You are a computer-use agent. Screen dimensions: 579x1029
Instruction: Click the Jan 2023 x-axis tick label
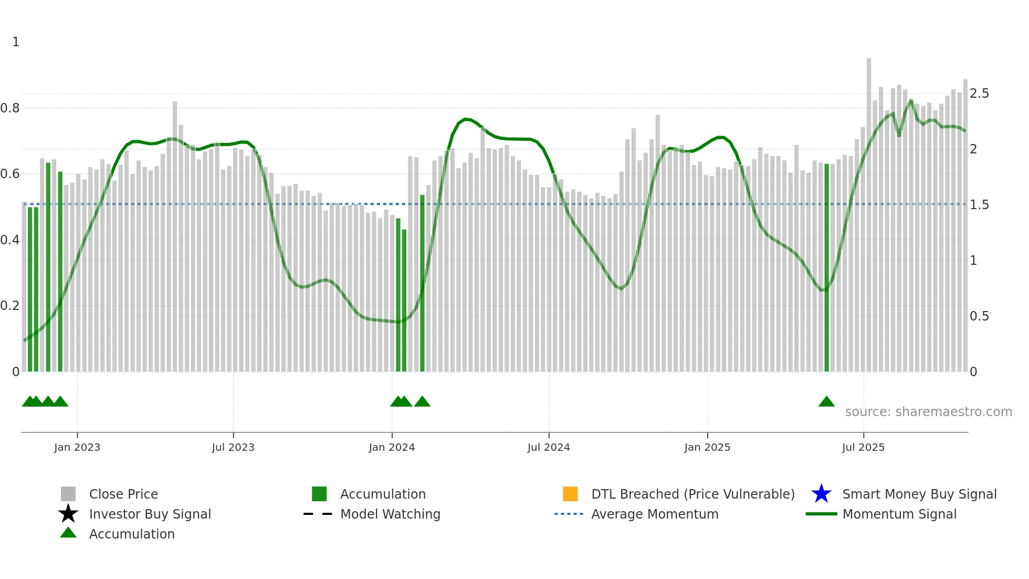point(77,448)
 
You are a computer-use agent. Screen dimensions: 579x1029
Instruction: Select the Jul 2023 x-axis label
point(233,448)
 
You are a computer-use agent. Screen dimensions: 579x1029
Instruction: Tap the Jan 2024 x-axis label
point(392,448)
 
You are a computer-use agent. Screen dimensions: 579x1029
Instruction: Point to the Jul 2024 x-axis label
point(549,448)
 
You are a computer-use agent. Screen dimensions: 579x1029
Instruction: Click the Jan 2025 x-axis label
point(707,448)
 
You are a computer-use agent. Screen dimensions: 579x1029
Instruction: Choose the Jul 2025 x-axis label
point(863,448)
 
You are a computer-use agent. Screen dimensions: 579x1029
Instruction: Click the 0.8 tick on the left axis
point(10,108)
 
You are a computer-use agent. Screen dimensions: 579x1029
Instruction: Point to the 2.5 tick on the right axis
point(979,94)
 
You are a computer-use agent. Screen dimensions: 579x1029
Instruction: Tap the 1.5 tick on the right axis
point(979,205)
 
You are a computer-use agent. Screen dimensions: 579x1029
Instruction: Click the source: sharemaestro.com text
point(928,412)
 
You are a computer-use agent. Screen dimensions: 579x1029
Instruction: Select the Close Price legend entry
point(123,494)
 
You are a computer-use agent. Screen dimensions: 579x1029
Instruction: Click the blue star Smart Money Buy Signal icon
point(821,494)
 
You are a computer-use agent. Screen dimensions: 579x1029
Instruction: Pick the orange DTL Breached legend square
point(570,494)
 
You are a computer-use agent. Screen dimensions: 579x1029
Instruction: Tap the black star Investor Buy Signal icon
point(68,514)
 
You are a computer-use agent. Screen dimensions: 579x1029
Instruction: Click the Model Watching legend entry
point(390,514)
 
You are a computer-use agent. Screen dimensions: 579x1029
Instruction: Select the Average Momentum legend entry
point(655,514)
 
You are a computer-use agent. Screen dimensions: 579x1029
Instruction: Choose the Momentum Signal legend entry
point(899,514)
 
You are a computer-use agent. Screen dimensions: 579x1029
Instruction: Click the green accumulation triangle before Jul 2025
point(826,402)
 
